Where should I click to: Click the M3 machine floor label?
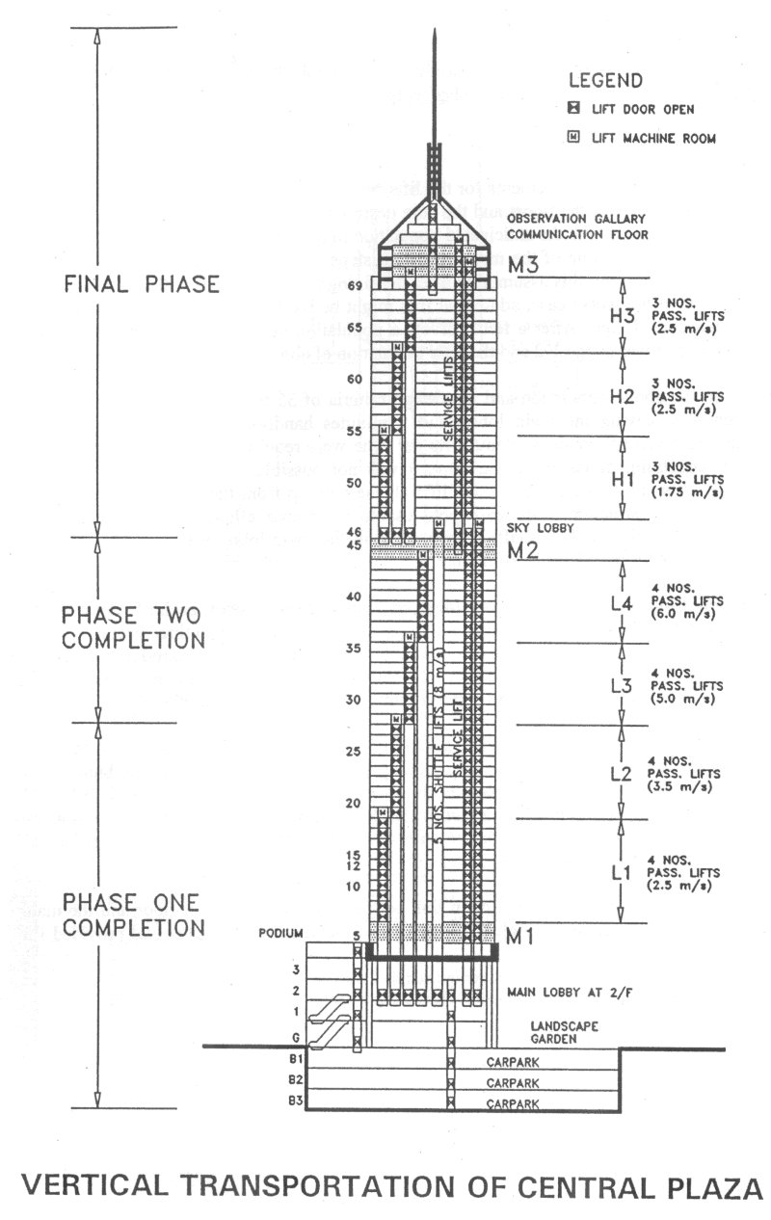tap(524, 265)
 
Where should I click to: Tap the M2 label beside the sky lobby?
tap(524, 551)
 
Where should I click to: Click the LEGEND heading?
tap(605, 81)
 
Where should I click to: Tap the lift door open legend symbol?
tap(572, 109)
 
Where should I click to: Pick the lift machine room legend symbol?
tap(572, 138)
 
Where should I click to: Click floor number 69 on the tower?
tap(354, 286)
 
